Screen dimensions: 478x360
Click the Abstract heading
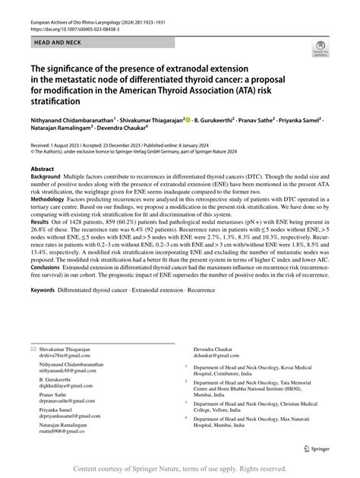43,169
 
